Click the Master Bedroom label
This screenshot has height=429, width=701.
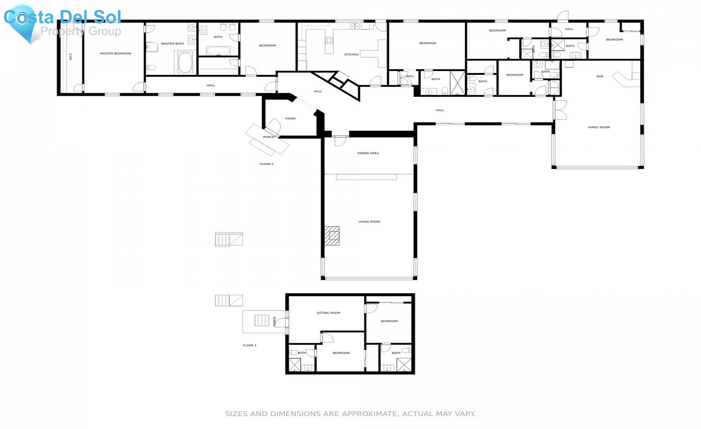115,53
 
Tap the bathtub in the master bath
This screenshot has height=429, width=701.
185,63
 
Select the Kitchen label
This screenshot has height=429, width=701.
351,55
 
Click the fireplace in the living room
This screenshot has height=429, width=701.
332,236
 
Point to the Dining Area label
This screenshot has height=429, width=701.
368,153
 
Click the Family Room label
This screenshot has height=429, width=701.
599,127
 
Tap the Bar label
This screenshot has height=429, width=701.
599,76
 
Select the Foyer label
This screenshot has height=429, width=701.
290,119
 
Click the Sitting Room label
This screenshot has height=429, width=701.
328,313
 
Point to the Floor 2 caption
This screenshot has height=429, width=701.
266,164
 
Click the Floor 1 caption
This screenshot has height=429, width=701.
249,346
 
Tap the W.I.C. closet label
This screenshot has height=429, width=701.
70,56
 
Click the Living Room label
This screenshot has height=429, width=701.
369,222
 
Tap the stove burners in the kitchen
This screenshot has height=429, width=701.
329,40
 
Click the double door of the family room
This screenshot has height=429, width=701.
560,110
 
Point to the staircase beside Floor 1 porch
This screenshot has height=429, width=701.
262,321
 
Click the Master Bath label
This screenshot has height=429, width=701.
172,44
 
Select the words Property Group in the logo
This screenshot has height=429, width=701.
81,31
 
